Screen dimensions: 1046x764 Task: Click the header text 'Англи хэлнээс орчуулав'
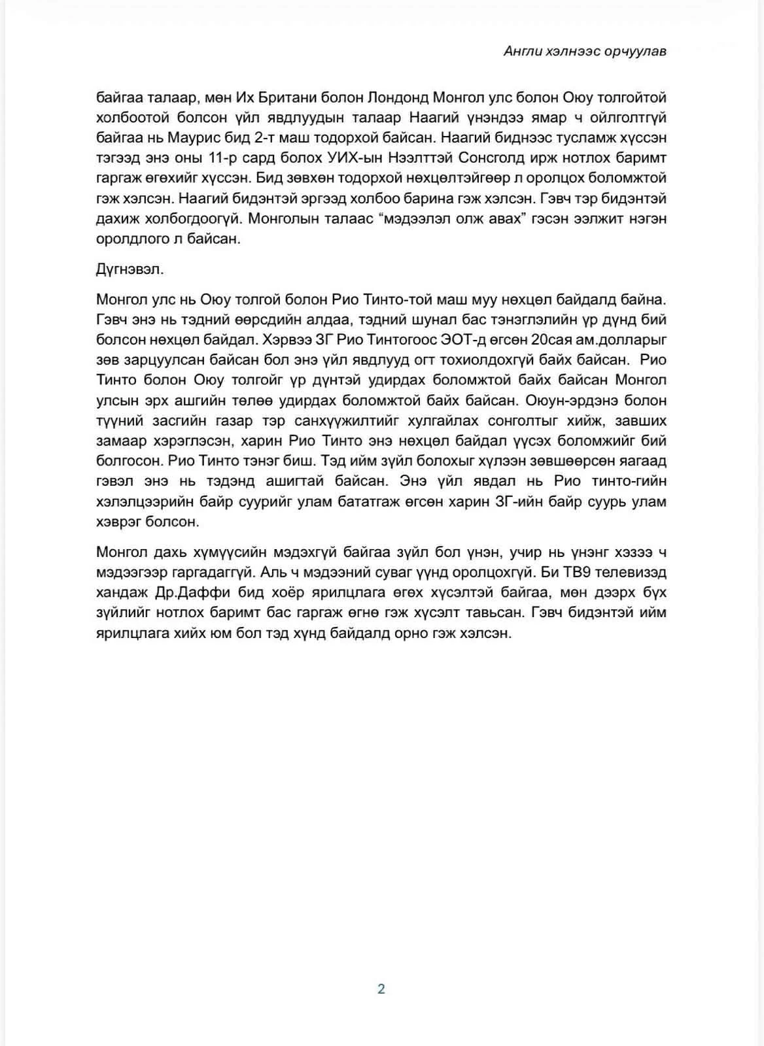point(585,52)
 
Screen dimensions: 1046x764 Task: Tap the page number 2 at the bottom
point(381,988)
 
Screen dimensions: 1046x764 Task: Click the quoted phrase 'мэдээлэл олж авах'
point(451,218)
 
